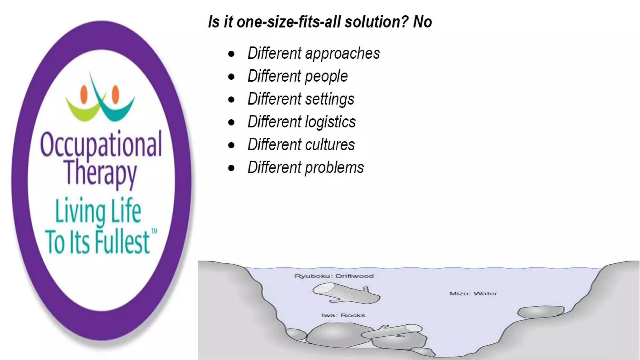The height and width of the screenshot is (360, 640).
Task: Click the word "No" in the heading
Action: tap(422, 22)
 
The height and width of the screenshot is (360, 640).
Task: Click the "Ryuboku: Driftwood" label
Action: tap(334, 276)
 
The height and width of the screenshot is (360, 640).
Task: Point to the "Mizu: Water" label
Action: tap(473, 293)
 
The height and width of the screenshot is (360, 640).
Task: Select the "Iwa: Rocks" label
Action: tap(343, 315)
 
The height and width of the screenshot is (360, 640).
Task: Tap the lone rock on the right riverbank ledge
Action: tap(541, 312)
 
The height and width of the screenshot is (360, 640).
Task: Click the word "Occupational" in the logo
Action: tap(101, 144)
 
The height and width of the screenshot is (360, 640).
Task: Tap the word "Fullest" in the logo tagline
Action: tap(122, 242)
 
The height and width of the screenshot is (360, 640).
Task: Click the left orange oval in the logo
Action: tap(84, 94)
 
